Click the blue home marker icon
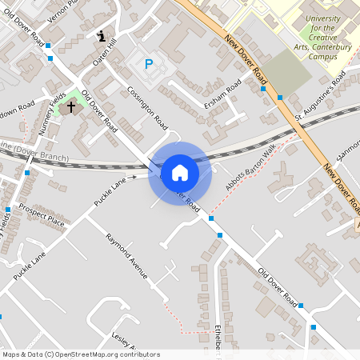pyautogui.click(x=180, y=173)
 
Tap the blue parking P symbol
pyautogui.click(x=148, y=63)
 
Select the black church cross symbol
pyautogui.click(x=71, y=105)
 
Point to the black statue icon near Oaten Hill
pyautogui.click(x=102, y=35)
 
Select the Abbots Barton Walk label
pyautogui.click(x=251, y=166)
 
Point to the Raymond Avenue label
pyautogui.click(x=127, y=257)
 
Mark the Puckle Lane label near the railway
pyautogui.click(x=110, y=192)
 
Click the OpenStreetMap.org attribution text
pyautogui.click(x=109, y=354)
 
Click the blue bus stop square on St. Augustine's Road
pyautogui.click(x=280, y=98)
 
